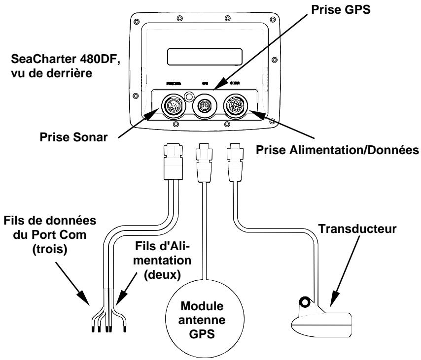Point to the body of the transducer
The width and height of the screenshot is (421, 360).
click(x=323, y=323)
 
